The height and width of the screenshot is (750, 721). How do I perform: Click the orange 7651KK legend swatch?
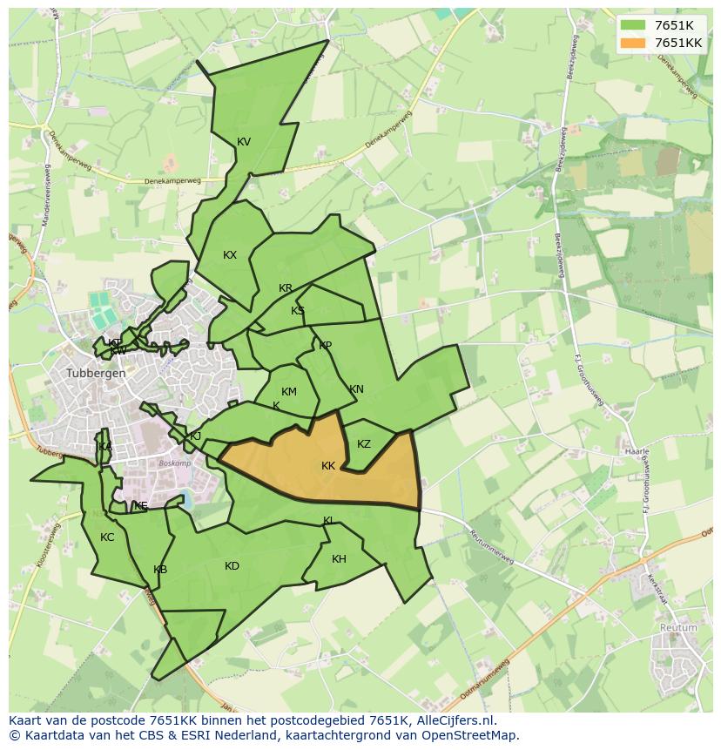pos(634,43)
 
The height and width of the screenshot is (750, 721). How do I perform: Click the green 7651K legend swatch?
pos(634,25)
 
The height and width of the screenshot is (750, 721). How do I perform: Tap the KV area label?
pos(244,142)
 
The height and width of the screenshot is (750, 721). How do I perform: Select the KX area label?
pos(230,255)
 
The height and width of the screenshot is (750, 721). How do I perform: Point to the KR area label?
pos(286,288)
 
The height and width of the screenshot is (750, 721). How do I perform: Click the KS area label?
pos(298,311)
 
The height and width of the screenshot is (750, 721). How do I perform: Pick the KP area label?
pos(325,346)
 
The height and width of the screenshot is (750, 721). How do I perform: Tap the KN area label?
pos(356,389)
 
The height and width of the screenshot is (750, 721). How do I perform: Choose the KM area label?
pos(289,392)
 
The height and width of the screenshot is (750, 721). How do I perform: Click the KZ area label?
pos(364,444)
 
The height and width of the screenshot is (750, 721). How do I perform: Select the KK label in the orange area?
pos(328,466)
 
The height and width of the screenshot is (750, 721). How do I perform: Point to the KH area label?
pos(339,559)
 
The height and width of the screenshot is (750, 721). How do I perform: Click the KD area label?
pos(232,566)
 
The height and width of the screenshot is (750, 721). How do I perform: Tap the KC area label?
pos(107,537)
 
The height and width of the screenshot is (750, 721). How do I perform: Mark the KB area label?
pos(160,570)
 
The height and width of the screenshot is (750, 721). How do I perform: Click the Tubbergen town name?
pos(96,373)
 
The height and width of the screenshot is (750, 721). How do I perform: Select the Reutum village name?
pos(678,627)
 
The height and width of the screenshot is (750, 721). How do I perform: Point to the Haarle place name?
pos(637,452)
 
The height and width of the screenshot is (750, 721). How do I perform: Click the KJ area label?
pos(195,436)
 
